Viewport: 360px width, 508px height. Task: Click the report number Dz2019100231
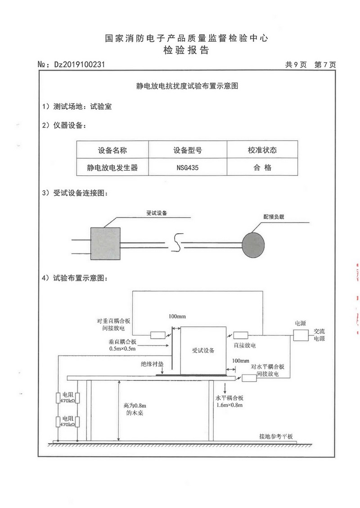[79, 65]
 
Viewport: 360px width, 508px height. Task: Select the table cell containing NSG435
[188, 168]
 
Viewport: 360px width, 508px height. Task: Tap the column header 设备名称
[112, 150]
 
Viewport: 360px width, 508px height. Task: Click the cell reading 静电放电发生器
[112, 168]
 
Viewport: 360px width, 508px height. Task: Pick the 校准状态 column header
[262, 150]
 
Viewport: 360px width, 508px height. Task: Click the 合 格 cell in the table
[262, 168]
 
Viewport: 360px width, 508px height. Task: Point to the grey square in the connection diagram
[106, 243]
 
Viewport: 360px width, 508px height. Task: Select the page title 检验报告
[186, 50]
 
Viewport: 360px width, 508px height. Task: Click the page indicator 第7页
[325, 65]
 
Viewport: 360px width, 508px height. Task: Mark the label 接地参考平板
[276, 436]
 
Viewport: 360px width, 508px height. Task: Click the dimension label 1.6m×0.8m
[229, 406]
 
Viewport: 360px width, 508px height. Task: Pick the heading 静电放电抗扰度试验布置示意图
[186, 86]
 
